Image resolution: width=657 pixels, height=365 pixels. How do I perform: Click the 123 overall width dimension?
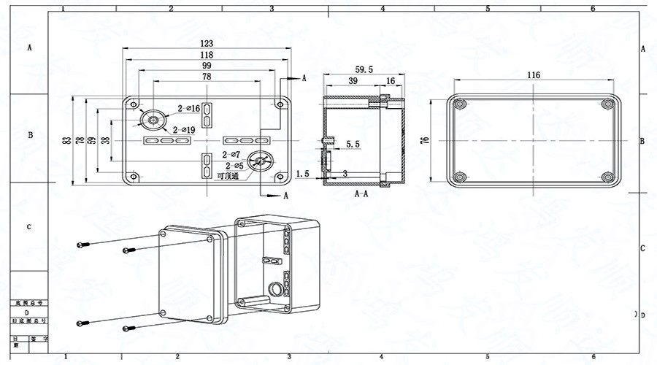[207, 44]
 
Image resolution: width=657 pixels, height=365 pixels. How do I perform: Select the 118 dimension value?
[207, 55]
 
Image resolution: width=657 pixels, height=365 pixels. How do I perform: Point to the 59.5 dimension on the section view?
[364, 69]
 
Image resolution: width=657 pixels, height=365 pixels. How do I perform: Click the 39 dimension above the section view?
[353, 81]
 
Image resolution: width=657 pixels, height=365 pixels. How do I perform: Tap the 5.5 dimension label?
[353, 145]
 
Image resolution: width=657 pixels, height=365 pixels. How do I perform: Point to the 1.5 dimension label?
[304, 173]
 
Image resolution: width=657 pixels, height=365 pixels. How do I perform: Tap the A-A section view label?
[361, 194]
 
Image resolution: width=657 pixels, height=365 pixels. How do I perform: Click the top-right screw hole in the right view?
[607, 104]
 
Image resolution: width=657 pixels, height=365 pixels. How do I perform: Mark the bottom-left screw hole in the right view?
[460, 176]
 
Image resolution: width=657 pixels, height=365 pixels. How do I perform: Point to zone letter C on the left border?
[29, 227]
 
